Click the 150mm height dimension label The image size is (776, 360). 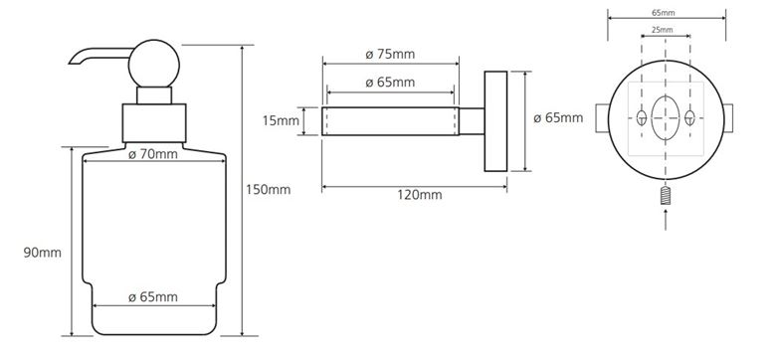click(269, 189)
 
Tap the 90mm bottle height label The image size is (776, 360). click(43, 253)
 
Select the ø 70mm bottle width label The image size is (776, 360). click(153, 154)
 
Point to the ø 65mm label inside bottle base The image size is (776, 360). click(153, 297)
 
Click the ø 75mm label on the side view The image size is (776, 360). click(390, 54)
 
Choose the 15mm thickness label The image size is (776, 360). click(281, 120)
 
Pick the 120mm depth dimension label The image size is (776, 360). click(420, 194)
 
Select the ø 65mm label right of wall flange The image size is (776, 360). click(558, 118)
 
